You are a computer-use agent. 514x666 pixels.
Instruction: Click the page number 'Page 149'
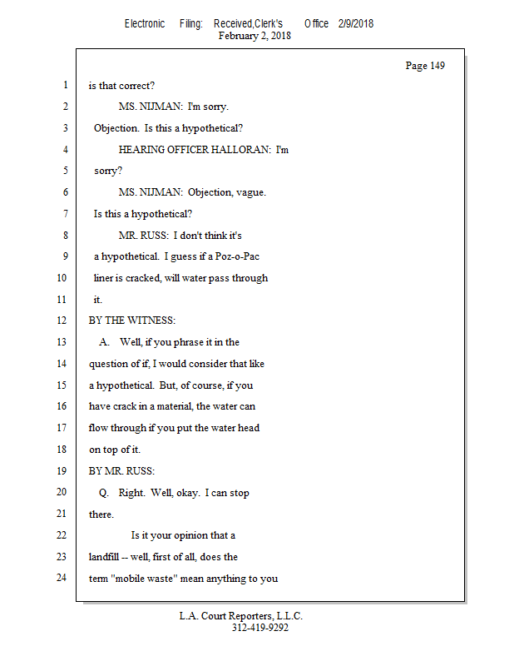[424, 66]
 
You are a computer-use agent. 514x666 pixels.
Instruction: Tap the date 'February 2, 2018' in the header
[255, 36]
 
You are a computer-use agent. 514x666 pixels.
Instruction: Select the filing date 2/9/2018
[356, 23]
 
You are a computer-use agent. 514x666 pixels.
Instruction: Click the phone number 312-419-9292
[260, 628]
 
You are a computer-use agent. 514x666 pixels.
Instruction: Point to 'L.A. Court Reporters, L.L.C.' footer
[241, 616]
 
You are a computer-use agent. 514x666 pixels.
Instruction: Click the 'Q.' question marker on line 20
[105, 492]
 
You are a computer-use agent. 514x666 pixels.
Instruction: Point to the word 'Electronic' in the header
[145, 23]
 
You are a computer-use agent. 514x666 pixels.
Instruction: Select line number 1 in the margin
[64, 86]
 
